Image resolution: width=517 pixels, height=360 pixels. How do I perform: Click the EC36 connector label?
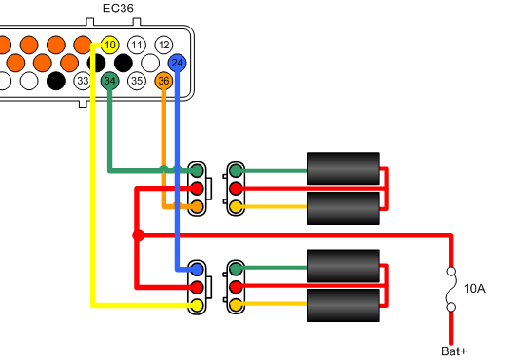pyautogui.click(x=118, y=10)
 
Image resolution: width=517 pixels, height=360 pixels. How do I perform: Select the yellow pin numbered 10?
pyautogui.click(x=110, y=45)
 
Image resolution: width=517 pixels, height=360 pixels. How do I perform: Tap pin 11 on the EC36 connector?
pyautogui.click(x=138, y=45)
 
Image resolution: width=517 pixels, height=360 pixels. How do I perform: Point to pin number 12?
pyautogui.click(x=164, y=45)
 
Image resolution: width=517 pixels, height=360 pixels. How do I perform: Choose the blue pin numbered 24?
pyautogui.click(x=177, y=63)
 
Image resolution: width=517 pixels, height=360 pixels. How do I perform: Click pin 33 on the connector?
pyautogui.click(x=84, y=81)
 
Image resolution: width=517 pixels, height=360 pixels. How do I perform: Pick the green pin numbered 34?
pyautogui.click(x=110, y=81)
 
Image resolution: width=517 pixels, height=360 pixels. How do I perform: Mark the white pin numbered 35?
pyautogui.click(x=138, y=81)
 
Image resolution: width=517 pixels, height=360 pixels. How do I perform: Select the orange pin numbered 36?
pyautogui.click(x=164, y=81)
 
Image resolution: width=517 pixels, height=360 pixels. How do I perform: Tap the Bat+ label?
pyautogui.click(x=455, y=351)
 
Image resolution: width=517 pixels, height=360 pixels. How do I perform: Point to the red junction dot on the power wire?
pyautogui.click(x=138, y=235)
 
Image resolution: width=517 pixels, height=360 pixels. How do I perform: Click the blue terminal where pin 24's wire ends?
pyautogui.click(x=197, y=270)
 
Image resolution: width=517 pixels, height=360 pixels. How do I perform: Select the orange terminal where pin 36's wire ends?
pyautogui.click(x=197, y=206)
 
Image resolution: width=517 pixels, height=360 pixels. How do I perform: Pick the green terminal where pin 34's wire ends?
pyautogui.click(x=197, y=171)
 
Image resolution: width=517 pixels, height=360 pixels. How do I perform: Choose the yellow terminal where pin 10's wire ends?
pyautogui.click(x=197, y=305)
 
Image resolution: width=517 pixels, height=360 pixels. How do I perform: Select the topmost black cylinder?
pyautogui.click(x=343, y=169)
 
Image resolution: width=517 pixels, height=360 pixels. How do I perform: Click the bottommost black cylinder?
pyautogui.click(x=343, y=307)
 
